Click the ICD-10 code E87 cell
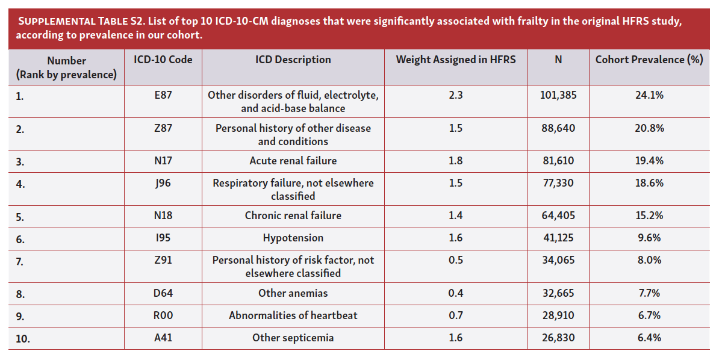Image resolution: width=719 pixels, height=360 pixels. click(163, 95)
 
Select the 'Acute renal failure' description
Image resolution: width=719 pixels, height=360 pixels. click(293, 161)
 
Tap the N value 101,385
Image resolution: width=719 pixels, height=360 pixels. click(558, 95)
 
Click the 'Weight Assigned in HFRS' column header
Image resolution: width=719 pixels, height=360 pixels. click(455, 60)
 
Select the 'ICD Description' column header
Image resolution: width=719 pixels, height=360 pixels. click(293, 60)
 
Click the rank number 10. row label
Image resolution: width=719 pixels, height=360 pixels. click(23, 339)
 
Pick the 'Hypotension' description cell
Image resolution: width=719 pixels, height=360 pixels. click(293, 238)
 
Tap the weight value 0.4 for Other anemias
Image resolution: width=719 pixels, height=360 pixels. click(455, 293)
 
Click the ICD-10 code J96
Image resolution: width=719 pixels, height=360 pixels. click(163, 183)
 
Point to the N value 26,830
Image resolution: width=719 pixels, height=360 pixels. click(558, 338)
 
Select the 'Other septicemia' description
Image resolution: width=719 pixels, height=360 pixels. click(293, 338)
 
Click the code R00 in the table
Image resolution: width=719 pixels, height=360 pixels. click(163, 315)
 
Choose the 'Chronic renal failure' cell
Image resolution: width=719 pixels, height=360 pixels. click(293, 216)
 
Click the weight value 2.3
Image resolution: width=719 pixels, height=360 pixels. click(455, 95)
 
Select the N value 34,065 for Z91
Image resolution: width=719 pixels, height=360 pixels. click(558, 260)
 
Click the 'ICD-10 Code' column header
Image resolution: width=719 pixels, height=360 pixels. click(163, 60)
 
